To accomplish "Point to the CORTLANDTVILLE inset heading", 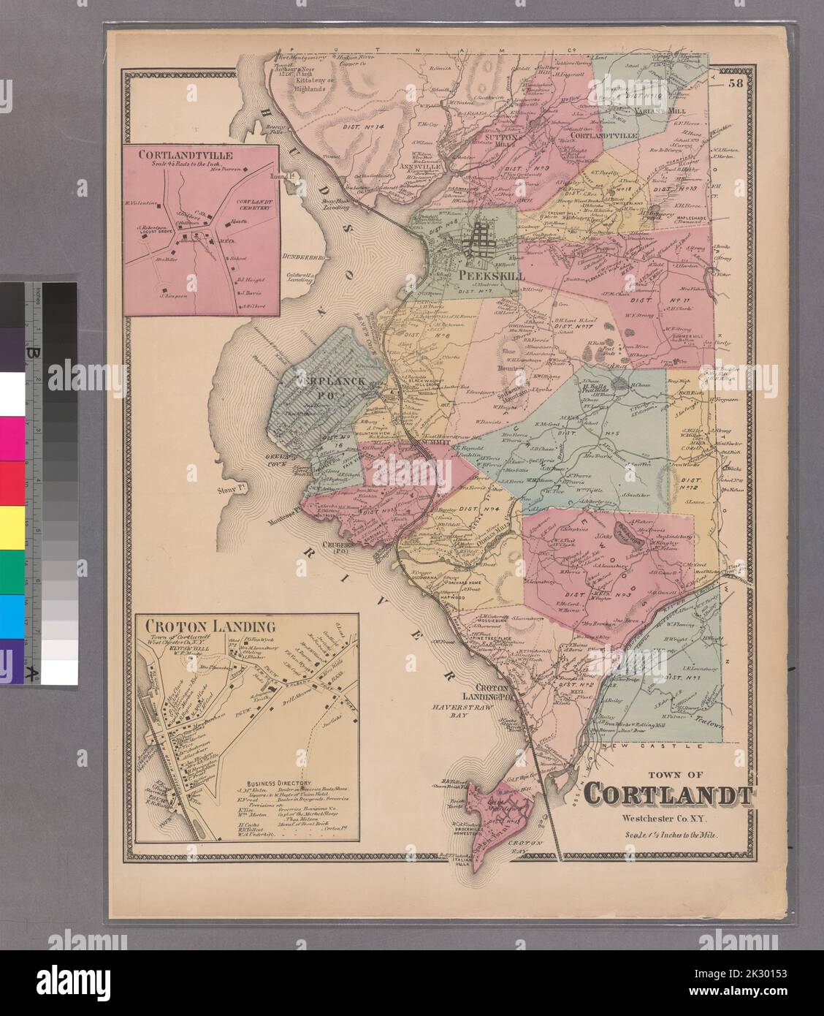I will coord(186,155).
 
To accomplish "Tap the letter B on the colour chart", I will coord(31,352).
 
